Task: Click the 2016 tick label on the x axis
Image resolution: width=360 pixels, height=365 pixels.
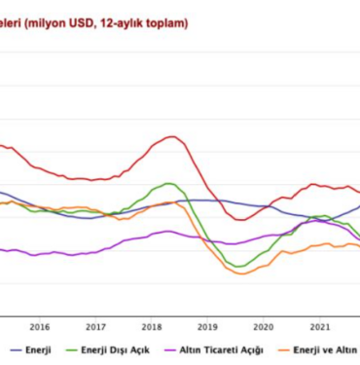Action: point(40,326)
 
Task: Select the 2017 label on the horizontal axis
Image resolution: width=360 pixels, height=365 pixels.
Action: point(95,326)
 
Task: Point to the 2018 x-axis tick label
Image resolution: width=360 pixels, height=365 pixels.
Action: point(152,326)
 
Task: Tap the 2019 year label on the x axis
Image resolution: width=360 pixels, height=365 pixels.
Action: point(207,326)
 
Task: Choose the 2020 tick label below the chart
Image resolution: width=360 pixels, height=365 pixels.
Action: point(263,326)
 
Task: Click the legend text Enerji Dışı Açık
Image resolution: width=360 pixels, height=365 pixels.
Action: point(115,348)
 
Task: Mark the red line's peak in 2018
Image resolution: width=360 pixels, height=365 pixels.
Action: point(171,136)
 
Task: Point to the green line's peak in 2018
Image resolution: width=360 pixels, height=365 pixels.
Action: point(169,183)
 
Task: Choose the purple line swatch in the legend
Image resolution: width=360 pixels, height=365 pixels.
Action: point(166,348)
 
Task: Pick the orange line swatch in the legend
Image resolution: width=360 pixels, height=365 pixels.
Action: point(278,348)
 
